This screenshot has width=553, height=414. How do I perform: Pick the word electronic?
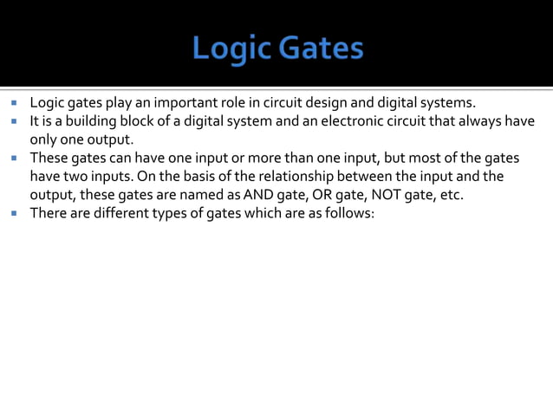[x=329, y=121]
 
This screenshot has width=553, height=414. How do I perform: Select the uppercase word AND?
[x=260, y=194]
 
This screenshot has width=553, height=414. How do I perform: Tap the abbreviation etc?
[x=452, y=194]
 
